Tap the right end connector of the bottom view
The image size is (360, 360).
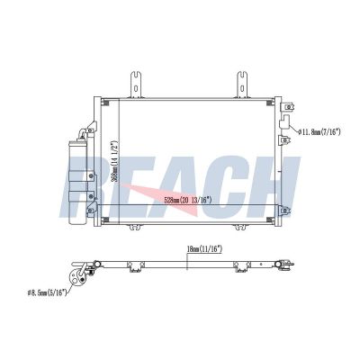click(286, 265)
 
